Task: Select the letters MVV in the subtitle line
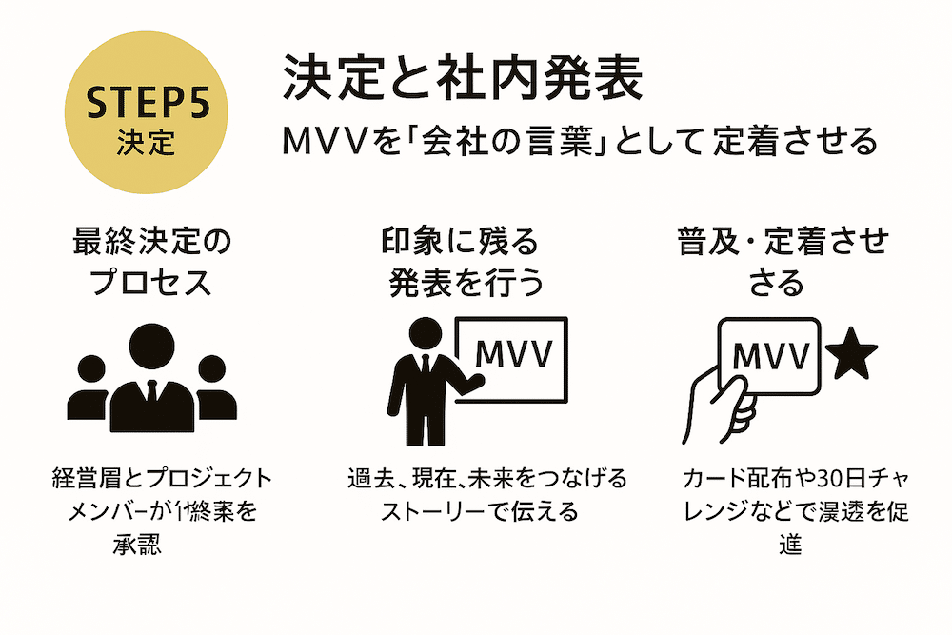325,142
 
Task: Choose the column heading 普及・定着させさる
782,263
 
